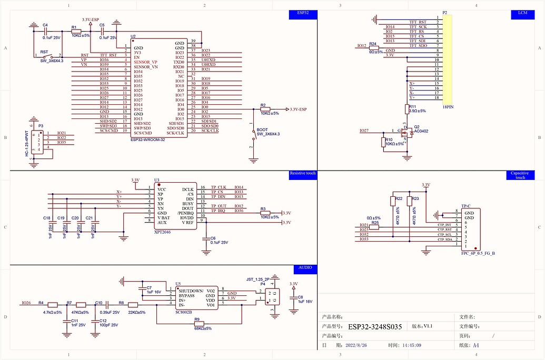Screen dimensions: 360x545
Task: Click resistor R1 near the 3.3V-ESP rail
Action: [x=76, y=32]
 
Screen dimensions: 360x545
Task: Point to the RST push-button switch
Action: [x=51, y=56]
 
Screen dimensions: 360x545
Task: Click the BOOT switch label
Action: [x=262, y=129]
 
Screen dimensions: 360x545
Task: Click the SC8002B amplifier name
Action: [x=184, y=312]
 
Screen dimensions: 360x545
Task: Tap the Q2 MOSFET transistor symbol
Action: [x=408, y=133]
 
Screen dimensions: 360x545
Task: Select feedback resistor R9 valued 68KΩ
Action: [x=199, y=324]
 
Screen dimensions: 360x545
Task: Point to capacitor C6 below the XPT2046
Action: [x=206, y=239]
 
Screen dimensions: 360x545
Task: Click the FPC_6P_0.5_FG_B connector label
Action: [x=478, y=253]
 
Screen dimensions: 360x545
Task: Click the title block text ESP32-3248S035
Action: [x=375, y=327]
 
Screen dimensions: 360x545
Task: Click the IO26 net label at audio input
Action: [x=26, y=303]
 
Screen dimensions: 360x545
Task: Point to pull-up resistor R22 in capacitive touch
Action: [x=392, y=202]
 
